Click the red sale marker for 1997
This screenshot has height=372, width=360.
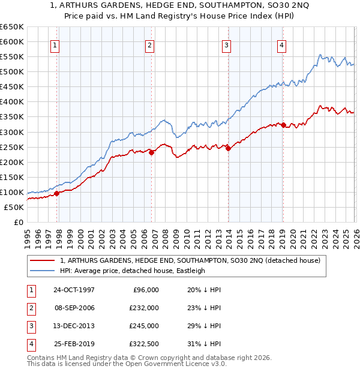57,193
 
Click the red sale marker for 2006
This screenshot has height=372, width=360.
152,152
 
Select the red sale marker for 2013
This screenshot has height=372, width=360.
228,148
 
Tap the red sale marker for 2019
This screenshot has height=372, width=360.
283,125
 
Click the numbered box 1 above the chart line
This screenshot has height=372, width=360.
55,44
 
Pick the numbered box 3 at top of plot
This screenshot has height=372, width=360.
226,44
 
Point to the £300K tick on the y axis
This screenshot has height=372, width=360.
12,132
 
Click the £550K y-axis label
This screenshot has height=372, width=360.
12,57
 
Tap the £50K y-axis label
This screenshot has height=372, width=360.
14,207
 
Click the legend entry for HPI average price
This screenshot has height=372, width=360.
133,271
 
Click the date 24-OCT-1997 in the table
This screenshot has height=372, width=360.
74,290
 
